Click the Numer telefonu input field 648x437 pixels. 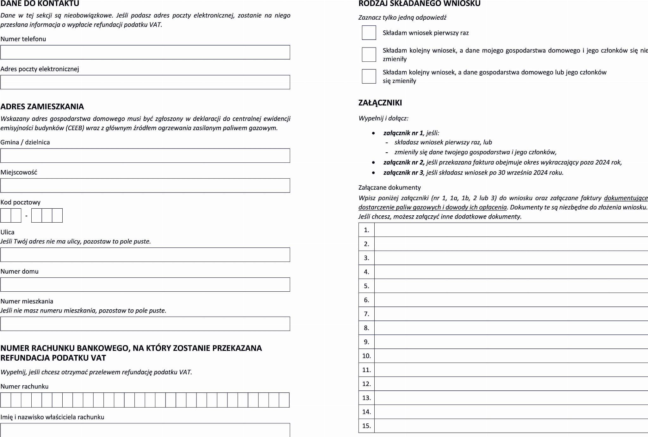click(145, 52)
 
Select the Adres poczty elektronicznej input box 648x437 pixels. click(145, 82)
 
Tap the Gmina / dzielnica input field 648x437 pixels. click(145, 156)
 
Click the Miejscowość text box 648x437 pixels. click(145, 186)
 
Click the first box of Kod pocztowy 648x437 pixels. click(6, 216)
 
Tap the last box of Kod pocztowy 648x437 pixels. click(57, 216)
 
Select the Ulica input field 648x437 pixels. click(145, 255)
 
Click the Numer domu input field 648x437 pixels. click(145, 285)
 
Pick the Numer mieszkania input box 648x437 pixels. click(145, 324)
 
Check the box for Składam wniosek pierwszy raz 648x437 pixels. click(369, 33)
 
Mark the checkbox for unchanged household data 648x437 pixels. click(369, 54)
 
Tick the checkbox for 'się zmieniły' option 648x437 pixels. click(369, 76)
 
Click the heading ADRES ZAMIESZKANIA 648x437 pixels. click(42, 106)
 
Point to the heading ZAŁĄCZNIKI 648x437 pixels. click(380, 103)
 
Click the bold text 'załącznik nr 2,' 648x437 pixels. click(404, 162)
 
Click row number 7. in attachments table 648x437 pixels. click(366, 314)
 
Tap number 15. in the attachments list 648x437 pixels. click(366, 426)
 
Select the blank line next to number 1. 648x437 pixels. click(511, 230)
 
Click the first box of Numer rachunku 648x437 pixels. click(6, 400)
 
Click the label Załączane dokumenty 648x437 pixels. click(389, 187)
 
